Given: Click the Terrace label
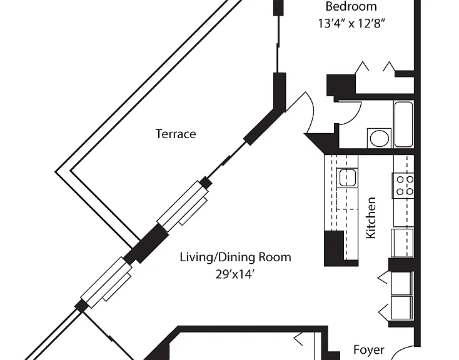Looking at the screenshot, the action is point(175,134).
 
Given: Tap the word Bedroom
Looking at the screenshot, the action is point(351,6).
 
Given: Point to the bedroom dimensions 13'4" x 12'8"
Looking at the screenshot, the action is point(351,23).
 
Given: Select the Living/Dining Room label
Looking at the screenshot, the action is point(235,257).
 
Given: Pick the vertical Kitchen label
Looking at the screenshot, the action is point(371,217).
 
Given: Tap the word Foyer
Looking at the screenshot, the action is point(369,349).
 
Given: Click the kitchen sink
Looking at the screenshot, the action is point(347,177).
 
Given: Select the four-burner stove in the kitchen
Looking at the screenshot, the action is point(403,186).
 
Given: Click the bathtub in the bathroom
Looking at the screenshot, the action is point(403,124).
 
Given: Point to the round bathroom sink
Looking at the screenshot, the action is point(380,138).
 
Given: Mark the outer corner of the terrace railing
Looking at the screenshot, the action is point(56,172).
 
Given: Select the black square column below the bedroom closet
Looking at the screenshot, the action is point(340,84).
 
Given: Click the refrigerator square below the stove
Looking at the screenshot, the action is point(402,243).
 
